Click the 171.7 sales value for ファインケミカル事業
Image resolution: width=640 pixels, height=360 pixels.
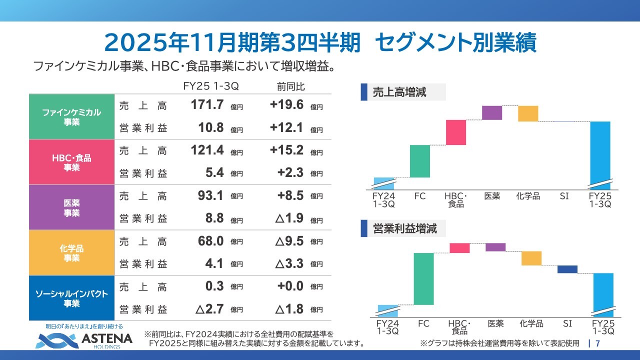pos(207,105)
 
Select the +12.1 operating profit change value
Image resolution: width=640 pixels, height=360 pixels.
pos(286,128)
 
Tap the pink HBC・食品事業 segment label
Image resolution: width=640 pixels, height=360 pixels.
pos(71,162)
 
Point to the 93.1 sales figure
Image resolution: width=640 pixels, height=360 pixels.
pos(210,196)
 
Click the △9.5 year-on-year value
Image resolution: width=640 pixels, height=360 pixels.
pos(289,241)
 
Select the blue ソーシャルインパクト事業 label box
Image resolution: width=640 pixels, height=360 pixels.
pos(71,298)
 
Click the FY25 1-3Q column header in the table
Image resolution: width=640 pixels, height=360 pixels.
pos(210,86)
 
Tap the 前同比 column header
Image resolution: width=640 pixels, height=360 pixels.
pos(290,86)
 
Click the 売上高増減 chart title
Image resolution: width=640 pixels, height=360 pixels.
pos(399,92)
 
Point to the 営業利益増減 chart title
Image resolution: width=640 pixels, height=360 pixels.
pos(404,229)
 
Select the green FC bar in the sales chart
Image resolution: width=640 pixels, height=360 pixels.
pos(419,161)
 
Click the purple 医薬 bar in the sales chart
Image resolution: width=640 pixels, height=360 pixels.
pos(492,112)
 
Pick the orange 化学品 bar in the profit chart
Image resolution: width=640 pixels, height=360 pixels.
pos(531,258)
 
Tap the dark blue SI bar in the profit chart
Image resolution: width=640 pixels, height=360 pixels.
pos(567,269)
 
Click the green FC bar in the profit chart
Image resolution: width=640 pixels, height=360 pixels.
pos(423,278)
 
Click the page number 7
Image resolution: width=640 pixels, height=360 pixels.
pos(597,343)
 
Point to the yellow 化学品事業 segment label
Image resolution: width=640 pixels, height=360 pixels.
pos(71,253)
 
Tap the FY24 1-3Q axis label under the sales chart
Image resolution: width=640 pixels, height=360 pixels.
pos(384,200)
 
